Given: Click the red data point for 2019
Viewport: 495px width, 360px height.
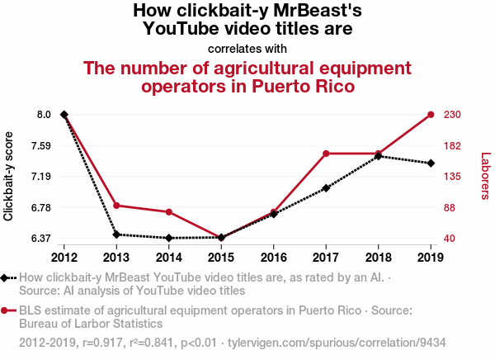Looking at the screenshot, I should pos(431,115).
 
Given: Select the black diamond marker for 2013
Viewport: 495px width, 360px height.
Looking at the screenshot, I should pos(116,234).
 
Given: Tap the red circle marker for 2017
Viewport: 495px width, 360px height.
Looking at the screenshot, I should pos(327,154).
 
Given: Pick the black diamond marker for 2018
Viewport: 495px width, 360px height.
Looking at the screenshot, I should pos(379,156).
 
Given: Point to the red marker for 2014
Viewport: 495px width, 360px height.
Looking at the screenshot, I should pos(169,212).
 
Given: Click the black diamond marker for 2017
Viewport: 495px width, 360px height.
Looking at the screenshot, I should pos(327,188).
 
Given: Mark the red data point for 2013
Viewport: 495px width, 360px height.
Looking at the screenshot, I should pos(116,206).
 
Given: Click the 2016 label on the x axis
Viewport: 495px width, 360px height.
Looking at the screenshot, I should pos(274,257).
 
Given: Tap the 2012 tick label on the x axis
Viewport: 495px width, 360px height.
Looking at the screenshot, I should pos(64,257).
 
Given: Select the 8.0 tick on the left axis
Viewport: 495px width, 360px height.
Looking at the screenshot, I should pos(43,115).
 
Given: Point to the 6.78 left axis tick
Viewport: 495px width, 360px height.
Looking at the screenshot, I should pos(40,207).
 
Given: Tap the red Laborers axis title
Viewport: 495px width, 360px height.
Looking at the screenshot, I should pos(485,176).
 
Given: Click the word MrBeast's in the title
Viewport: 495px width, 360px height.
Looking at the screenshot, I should pos(318,11).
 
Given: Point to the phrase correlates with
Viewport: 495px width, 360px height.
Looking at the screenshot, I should pos(247,48).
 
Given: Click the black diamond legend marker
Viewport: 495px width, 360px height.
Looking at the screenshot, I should pos(6,278).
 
